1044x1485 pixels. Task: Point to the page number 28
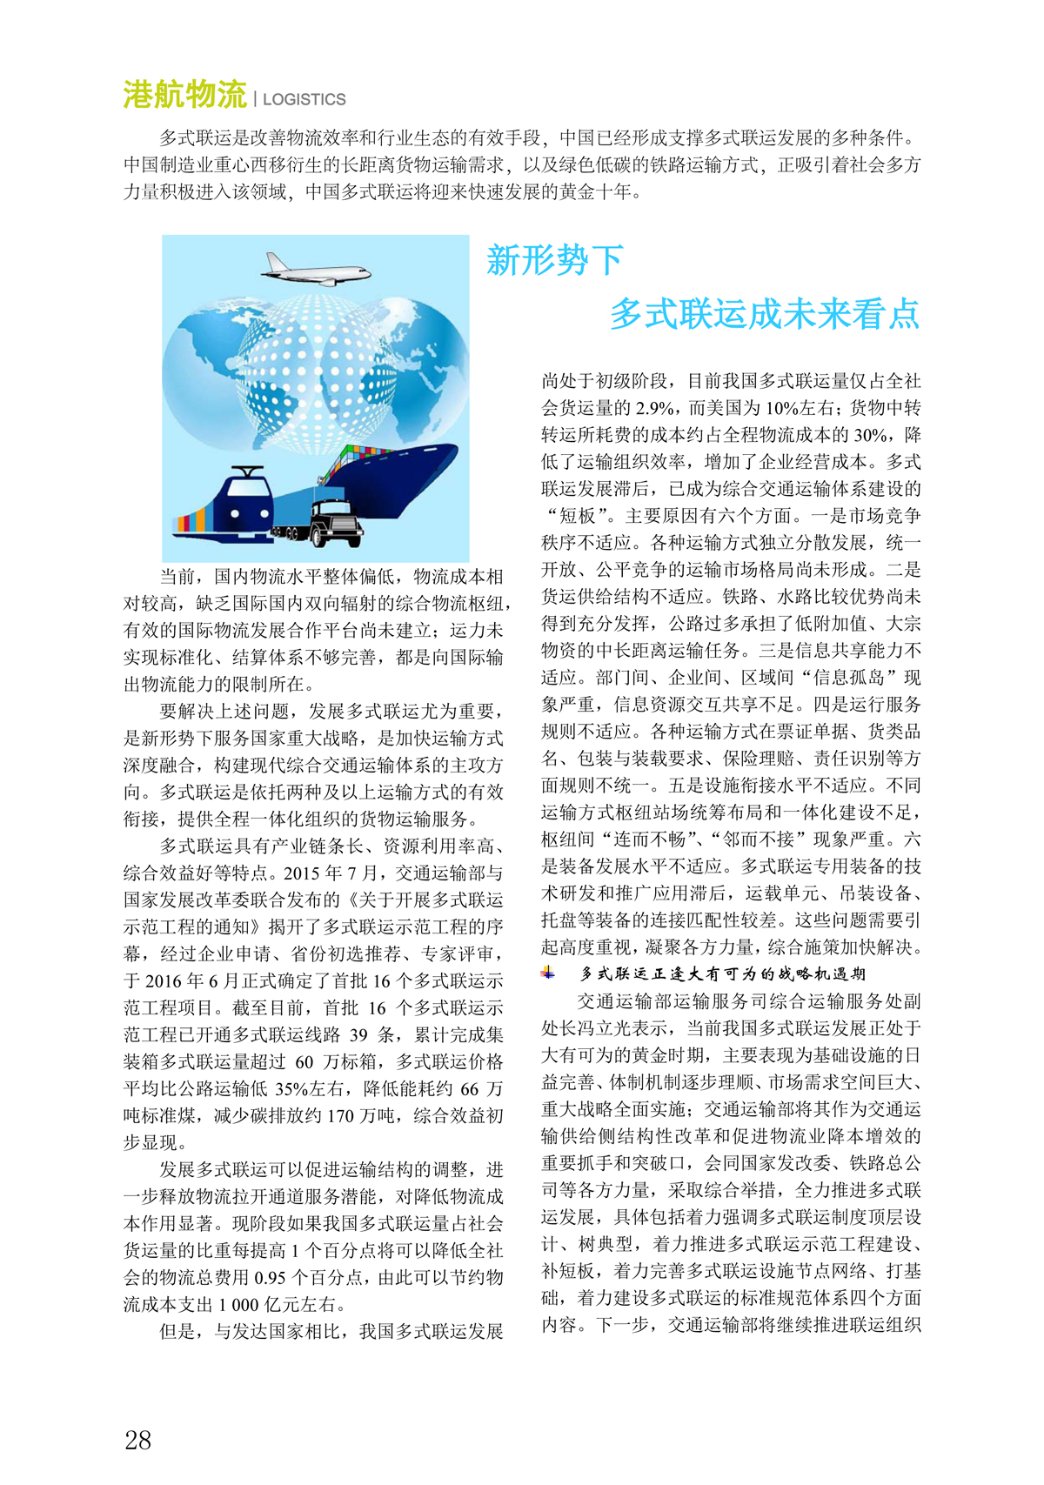point(138,1440)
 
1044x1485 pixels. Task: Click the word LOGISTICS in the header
point(304,100)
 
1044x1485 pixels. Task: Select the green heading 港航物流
point(184,95)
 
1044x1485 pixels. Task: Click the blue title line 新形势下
point(555,259)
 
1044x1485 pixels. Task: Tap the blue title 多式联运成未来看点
point(764,313)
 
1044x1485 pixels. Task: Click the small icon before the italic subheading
point(548,973)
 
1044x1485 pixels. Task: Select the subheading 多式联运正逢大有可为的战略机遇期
point(722,973)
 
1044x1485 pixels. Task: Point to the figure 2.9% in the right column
point(654,408)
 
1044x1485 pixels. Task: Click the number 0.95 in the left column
point(276,1278)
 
